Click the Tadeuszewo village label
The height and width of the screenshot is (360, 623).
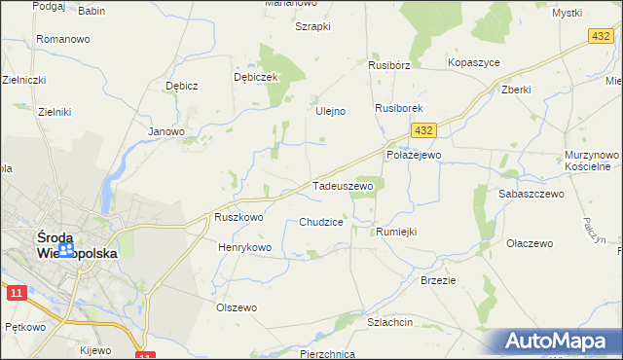pos(342,185)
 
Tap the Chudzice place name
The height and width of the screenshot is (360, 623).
pos(321,222)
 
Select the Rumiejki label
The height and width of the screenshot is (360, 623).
pos(396,232)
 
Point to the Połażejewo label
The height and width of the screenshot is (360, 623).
pos(414,155)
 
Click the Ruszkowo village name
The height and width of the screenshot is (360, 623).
pos(238,218)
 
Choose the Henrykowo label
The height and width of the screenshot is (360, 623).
pos(244,248)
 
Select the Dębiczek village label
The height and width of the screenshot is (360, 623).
pos(257,76)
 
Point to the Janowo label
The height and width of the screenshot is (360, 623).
pos(165,130)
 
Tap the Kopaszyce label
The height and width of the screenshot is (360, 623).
pos(473,61)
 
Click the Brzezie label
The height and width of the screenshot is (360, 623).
pos(438,279)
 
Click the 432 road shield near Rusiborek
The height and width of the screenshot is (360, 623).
pos(422,129)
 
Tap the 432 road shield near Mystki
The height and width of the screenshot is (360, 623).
pos(600,36)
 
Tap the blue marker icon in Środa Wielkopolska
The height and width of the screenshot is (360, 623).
pos(65,251)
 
